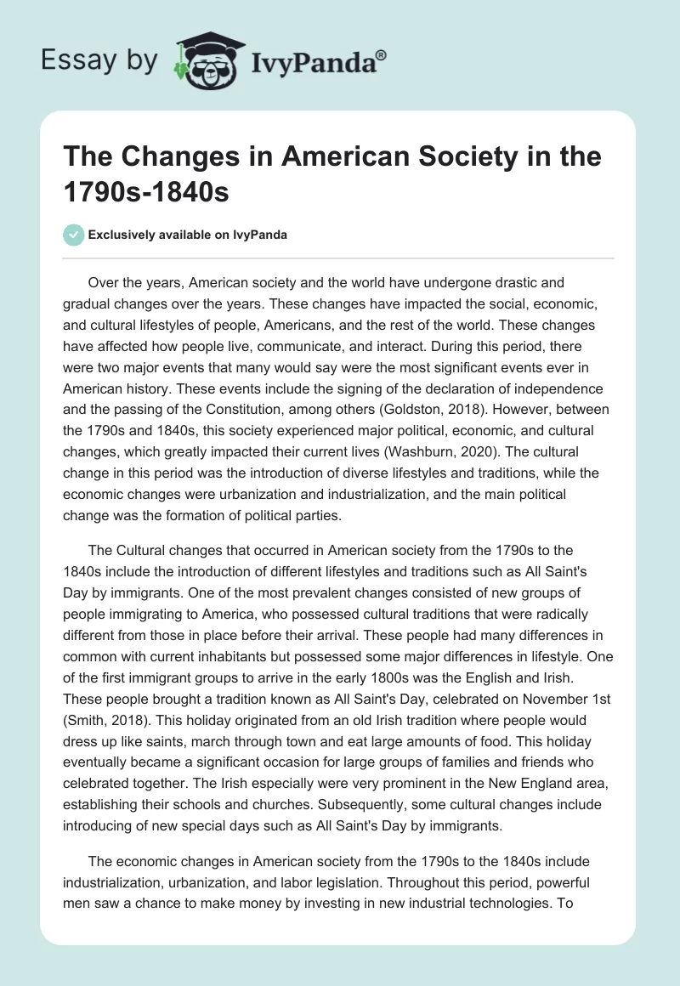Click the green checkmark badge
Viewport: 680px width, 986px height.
pos(75,235)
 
